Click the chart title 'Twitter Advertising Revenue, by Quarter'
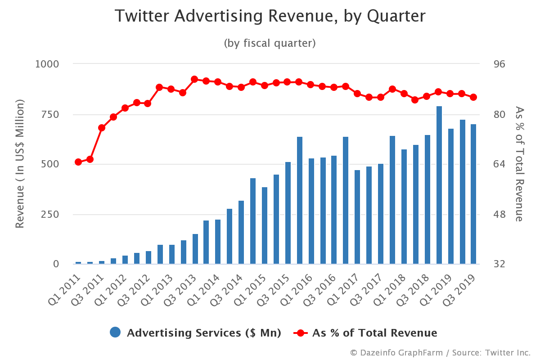pos(270,16)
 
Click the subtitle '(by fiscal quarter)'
pos(270,43)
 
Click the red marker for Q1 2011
pos(78,162)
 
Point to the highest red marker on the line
pos(194,79)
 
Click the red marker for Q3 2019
pos(473,97)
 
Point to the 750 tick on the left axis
pos(50,114)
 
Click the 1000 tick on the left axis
pos(47,64)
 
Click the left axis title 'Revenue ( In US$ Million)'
pos(20,164)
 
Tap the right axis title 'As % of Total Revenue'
pos(519,164)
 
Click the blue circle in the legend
pos(116,333)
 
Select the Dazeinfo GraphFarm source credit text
pos(440,352)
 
